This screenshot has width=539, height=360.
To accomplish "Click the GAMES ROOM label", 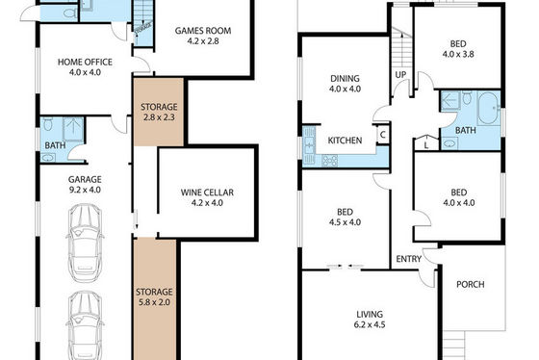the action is (x=203, y=31).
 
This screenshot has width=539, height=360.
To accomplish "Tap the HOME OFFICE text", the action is (x=85, y=63).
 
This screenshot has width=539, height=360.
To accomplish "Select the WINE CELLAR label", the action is (x=207, y=193).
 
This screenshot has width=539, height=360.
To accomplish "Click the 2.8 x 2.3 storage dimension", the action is (x=159, y=117).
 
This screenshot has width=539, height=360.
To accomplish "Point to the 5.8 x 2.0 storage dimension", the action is (x=154, y=302).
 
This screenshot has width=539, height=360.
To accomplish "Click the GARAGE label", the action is (x=85, y=179).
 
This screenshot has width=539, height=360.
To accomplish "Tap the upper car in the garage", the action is (x=85, y=243).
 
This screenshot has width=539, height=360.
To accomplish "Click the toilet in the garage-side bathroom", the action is (x=48, y=124).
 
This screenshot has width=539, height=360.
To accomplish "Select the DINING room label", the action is (x=345, y=78).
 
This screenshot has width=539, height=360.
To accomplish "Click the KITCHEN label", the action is (x=345, y=141).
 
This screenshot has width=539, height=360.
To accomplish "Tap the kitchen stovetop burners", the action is (x=329, y=161).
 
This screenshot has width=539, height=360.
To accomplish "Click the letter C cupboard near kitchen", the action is (x=383, y=135).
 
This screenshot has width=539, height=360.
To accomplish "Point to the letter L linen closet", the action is (x=426, y=145).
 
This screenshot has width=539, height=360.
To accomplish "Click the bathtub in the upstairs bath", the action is (x=488, y=108).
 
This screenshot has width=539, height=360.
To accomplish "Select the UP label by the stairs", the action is (x=400, y=75).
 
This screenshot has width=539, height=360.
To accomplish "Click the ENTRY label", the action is (x=409, y=259).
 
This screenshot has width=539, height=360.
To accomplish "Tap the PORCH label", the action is (x=471, y=284).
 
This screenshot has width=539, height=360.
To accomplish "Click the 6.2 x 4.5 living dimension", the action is (x=370, y=324).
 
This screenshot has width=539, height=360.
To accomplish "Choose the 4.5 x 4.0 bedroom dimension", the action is (x=345, y=222).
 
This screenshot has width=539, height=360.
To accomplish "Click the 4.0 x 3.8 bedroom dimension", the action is (x=458, y=54).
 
